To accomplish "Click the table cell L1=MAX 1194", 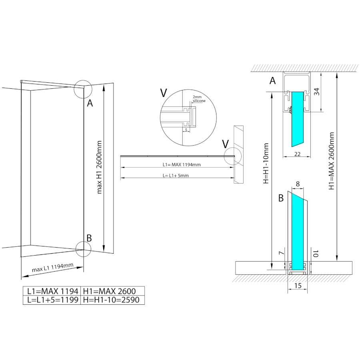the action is coord(52,291).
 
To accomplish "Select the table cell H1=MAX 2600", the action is coord(113,291).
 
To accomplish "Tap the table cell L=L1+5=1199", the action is coord(52,300).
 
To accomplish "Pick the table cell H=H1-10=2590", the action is coord(113,300).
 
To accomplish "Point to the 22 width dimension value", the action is coord(297,154).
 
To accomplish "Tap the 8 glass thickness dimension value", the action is coord(298,184).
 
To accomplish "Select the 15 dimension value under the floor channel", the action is coord(298,286).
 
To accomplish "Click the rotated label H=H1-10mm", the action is coord(266,163).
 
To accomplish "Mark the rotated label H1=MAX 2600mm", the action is coord(331,161).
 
